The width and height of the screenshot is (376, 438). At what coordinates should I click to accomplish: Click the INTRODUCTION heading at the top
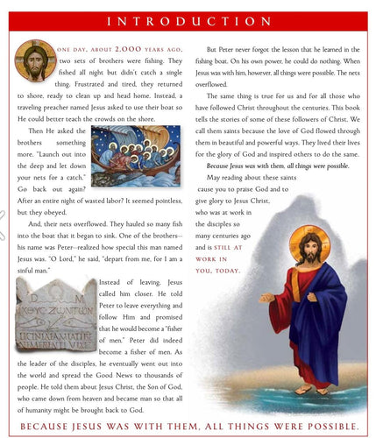pyautogui.click(x=188, y=20)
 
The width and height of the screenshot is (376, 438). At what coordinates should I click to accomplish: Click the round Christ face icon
pyautogui.click(x=33, y=60)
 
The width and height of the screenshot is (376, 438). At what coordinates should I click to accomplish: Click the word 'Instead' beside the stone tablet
pyautogui.click(x=113, y=283)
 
